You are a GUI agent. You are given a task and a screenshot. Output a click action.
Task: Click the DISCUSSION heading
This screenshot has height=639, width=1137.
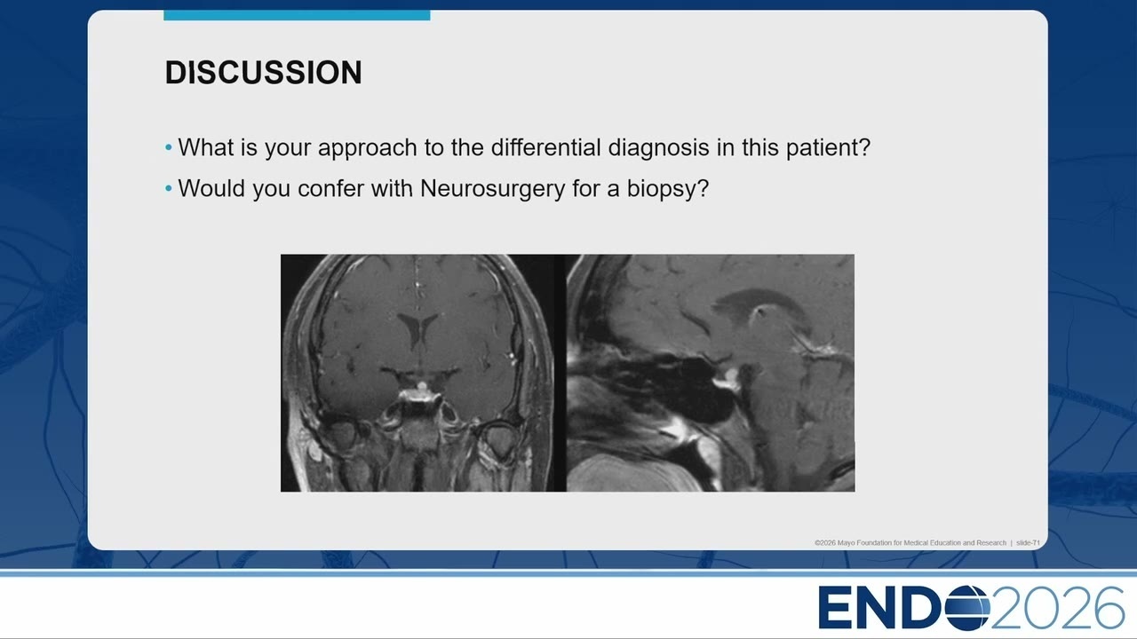click(264, 73)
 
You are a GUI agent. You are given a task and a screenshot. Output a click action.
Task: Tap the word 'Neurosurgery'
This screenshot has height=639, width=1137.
click(492, 189)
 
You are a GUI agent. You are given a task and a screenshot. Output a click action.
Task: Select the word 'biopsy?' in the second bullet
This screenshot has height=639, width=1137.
click(667, 189)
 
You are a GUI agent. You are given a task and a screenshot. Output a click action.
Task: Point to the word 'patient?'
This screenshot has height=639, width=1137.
click(829, 147)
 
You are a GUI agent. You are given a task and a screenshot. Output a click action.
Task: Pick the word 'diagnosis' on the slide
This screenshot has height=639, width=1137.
click(659, 148)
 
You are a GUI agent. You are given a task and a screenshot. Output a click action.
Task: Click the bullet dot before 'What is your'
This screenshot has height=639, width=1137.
click(169, 147)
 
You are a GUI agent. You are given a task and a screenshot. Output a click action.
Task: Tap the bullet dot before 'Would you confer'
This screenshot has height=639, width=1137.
click(169, 189)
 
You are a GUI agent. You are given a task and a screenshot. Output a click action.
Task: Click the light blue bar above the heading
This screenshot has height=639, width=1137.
click(297, 15)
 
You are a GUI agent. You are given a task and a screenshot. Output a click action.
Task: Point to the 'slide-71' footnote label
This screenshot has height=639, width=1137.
click(1028, 542)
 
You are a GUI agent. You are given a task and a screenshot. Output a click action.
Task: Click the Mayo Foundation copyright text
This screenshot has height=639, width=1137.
click(910, 542)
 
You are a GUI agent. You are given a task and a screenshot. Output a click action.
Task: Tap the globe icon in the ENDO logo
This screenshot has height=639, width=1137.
click(967, 608)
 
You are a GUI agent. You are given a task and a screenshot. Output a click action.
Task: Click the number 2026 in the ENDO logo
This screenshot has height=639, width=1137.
click(1057, 608)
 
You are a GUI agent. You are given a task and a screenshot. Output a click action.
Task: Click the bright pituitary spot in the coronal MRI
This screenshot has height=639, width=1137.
click(422, 387)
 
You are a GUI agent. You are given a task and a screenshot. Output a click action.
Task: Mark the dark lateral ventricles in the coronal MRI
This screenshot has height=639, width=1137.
click(417, 328)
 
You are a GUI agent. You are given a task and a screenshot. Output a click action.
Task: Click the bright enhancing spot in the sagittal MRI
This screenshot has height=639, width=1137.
click(729, 378)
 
